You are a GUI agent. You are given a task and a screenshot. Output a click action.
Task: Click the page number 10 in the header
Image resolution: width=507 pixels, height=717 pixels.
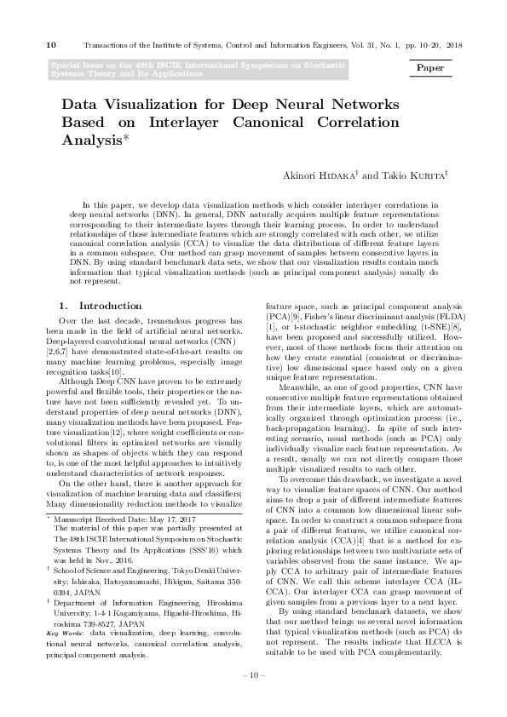tap(50, 44)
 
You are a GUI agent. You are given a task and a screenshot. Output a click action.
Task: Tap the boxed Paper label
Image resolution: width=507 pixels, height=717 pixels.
tap(435, 66)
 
